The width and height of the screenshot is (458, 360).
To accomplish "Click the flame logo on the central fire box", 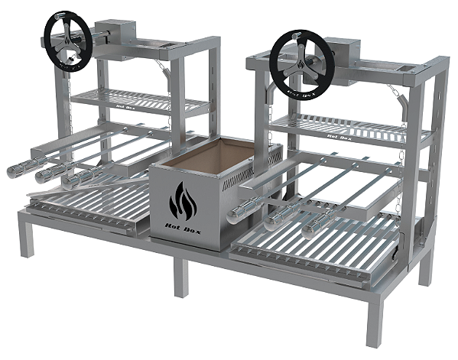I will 184,202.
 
